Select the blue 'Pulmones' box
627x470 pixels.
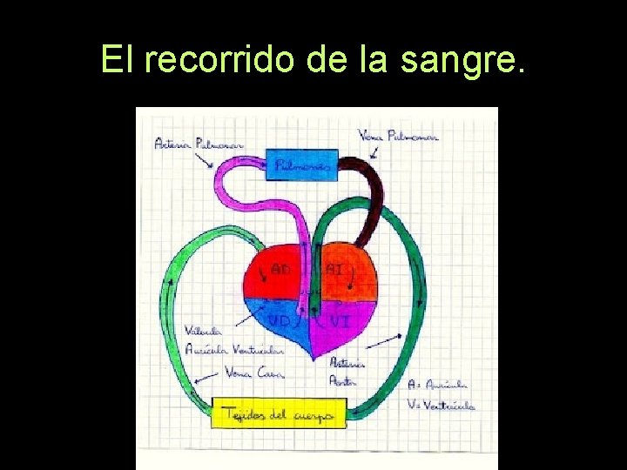[301, 164]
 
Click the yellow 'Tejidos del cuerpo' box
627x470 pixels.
[279, 413]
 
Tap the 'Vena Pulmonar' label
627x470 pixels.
[398, 136]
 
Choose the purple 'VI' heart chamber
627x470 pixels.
[345, 322]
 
